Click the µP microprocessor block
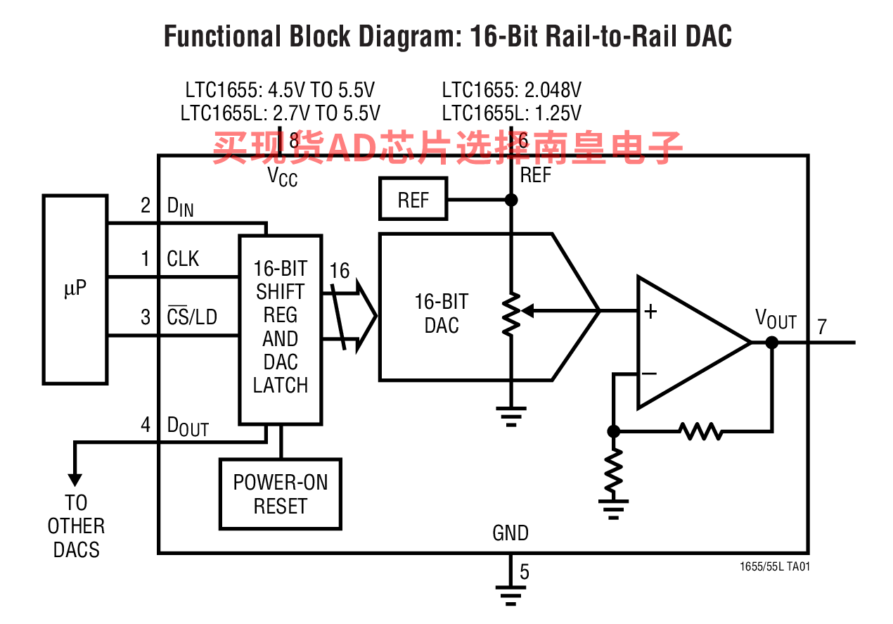(75, 290)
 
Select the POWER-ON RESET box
(281, 494)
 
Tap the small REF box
(413, 198)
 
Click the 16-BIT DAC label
(442, 314)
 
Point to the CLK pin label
(183, 259)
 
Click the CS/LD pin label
(192, 317)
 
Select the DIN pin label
(180, 207)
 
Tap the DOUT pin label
(188, 426)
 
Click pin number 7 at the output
(822, 326)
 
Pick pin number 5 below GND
(525, 572)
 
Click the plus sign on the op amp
(650, 311)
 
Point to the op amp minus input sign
(650, 374)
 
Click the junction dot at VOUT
(772, 343)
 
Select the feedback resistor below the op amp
(700, 431)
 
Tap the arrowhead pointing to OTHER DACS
(75, 480)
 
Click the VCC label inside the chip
(282, 177)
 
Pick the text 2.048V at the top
(553, 90)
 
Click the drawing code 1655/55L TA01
(775, 566)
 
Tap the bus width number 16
(339, 271)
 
